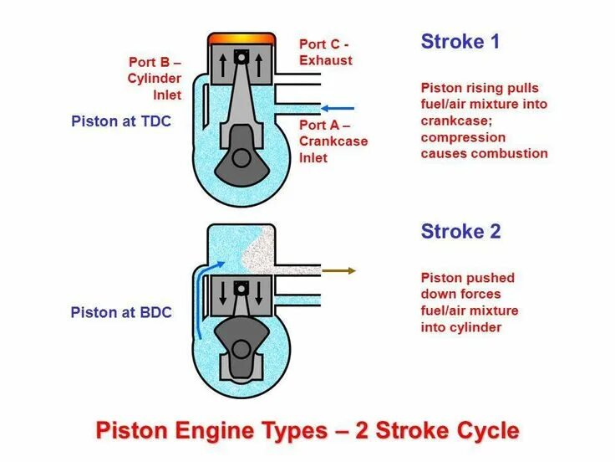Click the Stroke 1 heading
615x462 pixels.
click(460, 42)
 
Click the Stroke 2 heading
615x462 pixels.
click(460, 231)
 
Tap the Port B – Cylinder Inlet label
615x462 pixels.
click(155, 78)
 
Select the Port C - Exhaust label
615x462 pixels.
click(325, 52)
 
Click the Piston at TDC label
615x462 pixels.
click(121, 121)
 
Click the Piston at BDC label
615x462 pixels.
click(121, 312)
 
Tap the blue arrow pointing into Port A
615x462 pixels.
click(338, 108)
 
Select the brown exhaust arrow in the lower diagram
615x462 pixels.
click(338, 270)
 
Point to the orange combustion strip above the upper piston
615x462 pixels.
click(241, 38)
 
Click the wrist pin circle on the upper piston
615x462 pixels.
click(241, 58)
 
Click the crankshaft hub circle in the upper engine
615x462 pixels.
click(241, 157)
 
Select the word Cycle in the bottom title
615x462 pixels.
click(484, 431)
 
